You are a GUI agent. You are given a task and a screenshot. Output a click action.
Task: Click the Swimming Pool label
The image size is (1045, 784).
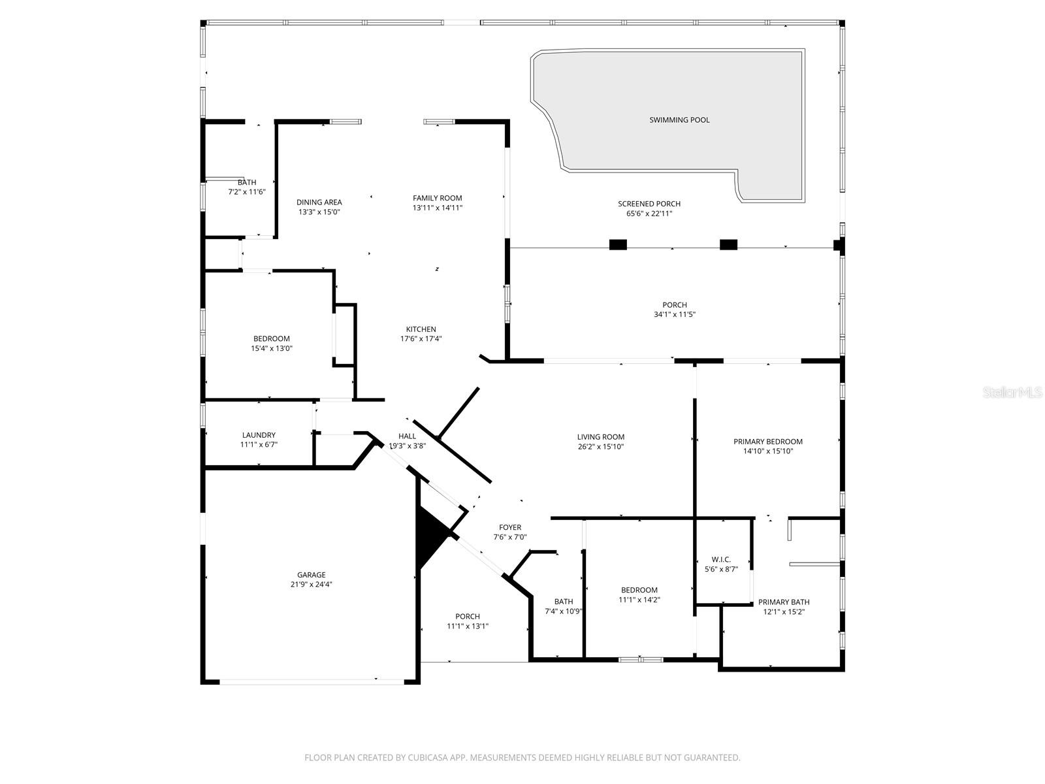tap(679, 120)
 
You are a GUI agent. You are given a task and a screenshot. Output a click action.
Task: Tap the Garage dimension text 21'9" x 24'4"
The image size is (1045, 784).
tap(312, 584)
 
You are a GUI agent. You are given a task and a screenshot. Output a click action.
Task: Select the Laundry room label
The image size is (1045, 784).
tap(259, 434)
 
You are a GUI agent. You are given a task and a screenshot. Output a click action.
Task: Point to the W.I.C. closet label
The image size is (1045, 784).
tap(721, 559)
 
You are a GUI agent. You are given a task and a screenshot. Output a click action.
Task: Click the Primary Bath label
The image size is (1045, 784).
tap(784, 602)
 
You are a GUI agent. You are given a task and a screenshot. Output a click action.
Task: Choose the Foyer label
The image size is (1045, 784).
tap(510, 527)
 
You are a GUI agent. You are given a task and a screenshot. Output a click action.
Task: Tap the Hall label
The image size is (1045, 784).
tap(407, 436)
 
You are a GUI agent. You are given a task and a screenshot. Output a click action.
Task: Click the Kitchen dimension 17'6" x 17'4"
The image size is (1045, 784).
tap(421, 338)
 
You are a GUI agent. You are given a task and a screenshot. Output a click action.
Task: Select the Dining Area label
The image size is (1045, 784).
tap(319, 203)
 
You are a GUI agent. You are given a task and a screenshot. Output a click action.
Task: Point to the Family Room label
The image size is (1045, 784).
tap(437, 198)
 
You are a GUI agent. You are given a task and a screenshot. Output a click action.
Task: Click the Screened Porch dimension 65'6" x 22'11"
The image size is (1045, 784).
tap(649, 213)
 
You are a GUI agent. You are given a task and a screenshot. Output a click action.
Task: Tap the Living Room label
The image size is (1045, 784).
tap(600, 437)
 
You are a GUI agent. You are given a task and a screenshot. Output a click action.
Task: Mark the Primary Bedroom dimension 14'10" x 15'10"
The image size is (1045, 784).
tap(768, 451)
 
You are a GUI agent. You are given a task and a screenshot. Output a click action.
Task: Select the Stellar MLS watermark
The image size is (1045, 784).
tap(1012, 392)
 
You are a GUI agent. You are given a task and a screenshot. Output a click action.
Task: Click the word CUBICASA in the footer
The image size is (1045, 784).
tap(428, 757)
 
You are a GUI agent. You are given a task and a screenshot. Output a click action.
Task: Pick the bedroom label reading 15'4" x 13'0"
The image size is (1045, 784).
tap(271, 348)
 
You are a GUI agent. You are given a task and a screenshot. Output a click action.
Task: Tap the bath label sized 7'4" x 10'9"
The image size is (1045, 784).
tap(564, 612)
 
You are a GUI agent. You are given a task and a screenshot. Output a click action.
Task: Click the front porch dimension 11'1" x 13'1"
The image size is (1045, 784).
tap(468, 626)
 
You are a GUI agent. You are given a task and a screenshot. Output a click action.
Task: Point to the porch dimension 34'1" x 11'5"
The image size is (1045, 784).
tap(675, 314)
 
